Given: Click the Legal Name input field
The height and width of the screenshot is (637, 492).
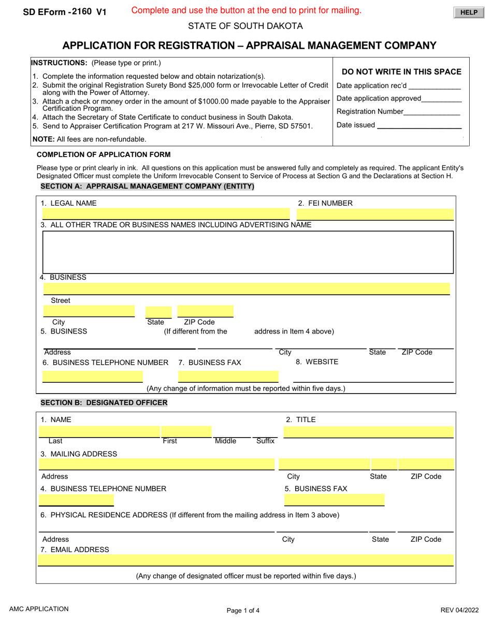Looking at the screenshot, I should tap(166, 214).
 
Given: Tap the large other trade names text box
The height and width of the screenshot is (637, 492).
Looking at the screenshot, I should tap(248, 252).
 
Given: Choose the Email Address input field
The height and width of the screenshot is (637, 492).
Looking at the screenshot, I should tap(246, 560).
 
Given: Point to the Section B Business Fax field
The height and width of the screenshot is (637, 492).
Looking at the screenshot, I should tap(335, 500).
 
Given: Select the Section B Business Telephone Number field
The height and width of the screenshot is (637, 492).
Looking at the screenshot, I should tap(77, 500).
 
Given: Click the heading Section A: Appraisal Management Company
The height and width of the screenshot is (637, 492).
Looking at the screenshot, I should tap(147, 186).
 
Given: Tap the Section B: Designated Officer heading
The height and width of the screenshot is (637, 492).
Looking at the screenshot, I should tap(104, 402).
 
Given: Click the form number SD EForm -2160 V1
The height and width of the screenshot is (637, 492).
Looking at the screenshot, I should tap(65, 12).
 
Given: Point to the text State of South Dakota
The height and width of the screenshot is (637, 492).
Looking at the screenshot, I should tap(245, 26).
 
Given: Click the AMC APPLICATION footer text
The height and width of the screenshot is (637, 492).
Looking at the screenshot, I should tap(38, 610).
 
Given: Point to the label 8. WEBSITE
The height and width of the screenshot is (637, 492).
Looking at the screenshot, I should tap(317, 362).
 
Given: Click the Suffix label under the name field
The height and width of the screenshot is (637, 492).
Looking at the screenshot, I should tap(265, 441).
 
